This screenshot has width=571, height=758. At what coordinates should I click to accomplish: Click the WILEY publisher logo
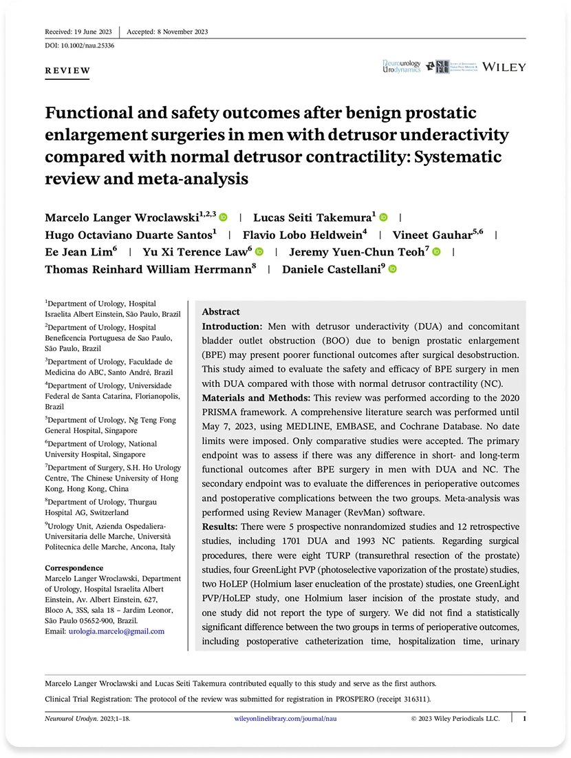click(504, 67)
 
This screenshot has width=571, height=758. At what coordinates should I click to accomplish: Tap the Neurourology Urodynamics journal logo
click(402, 67)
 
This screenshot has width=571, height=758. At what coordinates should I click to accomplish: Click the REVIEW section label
click(67, 70)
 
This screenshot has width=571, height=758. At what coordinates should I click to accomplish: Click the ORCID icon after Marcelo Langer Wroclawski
click(223, 218)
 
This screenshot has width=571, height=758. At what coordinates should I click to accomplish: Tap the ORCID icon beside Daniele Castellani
click(393, 269)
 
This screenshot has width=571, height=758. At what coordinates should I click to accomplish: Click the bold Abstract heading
click(221, 312)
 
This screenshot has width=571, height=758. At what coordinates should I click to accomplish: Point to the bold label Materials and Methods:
click(254, 397)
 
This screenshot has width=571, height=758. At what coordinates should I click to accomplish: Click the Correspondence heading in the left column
click(74, 568)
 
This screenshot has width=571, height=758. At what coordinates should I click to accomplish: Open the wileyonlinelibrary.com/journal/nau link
click(286, 718)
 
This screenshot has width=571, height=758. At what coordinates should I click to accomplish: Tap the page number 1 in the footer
click(524, 718)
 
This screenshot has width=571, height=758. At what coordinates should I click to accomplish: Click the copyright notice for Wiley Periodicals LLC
click(455, 718)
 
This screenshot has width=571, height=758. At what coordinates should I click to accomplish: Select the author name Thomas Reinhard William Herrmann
click(150, 269)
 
